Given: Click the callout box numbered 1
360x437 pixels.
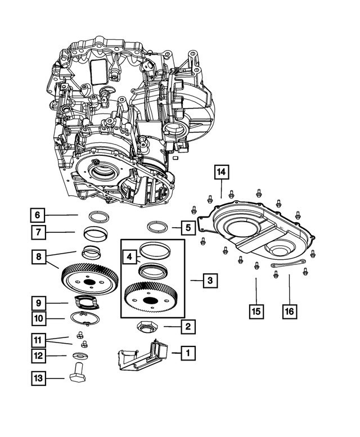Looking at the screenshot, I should (x=188, y=353).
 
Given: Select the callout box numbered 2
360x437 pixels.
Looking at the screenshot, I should (x=188, y=326).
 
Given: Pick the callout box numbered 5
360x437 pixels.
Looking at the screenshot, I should (x=188, y=228).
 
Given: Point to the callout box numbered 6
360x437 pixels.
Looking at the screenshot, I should (x=37, y=215).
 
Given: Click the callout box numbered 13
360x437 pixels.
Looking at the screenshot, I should (x=37, y=379).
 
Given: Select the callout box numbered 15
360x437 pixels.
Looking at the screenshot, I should (x=256, y=310).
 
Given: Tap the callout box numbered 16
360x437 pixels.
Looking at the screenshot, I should (x=290, y=310).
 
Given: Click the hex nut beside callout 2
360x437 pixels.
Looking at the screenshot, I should (x=146, y=326).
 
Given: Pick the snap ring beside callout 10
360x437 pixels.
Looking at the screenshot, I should (x=85, y=318).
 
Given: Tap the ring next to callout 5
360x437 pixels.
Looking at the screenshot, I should (x=157, y=227).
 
